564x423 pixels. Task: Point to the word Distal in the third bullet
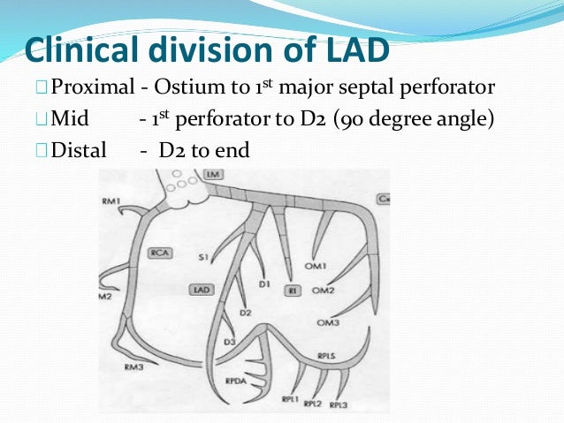pos(78,150)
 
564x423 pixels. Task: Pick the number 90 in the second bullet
pos(353,119)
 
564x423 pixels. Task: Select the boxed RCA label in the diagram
pos(160,251)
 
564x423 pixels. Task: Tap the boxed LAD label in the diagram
pos(200,289)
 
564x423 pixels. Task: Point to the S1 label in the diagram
pos(203,258)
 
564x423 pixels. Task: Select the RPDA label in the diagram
pos(234,381)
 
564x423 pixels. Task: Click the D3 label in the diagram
pos(229,341)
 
